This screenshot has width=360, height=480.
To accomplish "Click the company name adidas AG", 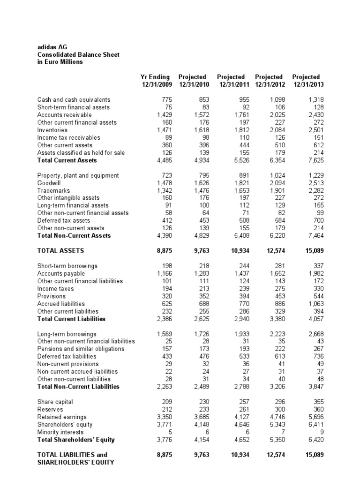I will (x=51, y=47).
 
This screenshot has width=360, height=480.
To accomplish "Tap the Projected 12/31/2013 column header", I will (x=306, y=80).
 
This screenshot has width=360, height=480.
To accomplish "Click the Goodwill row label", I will (x=49, y=183).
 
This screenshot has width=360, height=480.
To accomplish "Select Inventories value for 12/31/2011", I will (x=242, y=130).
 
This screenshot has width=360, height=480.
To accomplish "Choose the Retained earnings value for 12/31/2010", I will (x=203, y=417).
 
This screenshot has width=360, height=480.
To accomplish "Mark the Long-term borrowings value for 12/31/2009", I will (x=165, y=334).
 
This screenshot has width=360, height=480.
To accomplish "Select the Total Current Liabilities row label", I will (x=71, y=319).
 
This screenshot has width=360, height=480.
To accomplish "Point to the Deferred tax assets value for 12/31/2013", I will (x=318, y=220).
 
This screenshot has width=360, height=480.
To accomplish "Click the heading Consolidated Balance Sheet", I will (x=78, y=54).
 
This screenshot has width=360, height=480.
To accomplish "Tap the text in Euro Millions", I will (x=60, y=62).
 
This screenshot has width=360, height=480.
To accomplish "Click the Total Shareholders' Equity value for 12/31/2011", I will (x=240, y=439).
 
